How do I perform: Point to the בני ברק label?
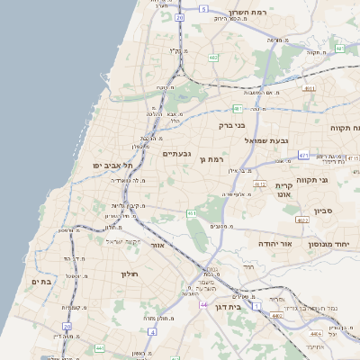click(x=232, y=127)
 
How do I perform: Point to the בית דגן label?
click(x=230, y=306)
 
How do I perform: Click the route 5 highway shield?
click(x=204, y=8)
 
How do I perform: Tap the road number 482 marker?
click(x=212, y=58)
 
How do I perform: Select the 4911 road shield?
click(x=310, y=88)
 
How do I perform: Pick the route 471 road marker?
click(x=304, y=156)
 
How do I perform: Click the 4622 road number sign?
click(x=302, y=219)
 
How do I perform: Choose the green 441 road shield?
click(x=192, y=212)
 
